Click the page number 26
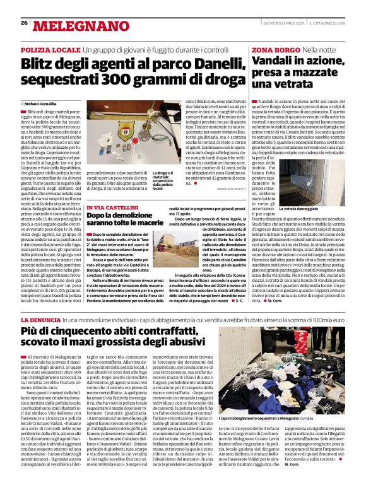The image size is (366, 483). [x=24, y=23]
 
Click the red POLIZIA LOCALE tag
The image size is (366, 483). [x=49, y=49]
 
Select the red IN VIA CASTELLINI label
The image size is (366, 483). [x=110, y=207]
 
